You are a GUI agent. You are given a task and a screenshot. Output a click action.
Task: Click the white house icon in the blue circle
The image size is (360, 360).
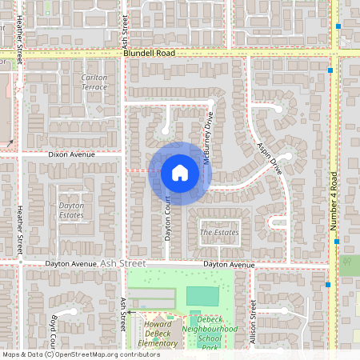[x=180, y=172]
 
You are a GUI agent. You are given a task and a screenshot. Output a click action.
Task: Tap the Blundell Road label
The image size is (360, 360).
[x=149, y=53]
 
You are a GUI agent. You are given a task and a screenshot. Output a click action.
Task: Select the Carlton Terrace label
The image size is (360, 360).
[x=94, y=82]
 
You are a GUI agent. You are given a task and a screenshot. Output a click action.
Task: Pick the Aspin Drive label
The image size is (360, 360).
[x=270, y=158]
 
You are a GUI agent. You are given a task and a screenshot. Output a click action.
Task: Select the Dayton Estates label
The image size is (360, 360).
[x=71, y=210]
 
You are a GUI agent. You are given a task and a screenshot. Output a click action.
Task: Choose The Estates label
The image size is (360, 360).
[x=219, y=232]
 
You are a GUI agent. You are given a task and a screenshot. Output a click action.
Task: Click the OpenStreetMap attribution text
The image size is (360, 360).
[x=70, y=354]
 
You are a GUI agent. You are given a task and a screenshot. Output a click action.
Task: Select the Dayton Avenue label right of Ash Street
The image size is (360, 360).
[x=229, y=263]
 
